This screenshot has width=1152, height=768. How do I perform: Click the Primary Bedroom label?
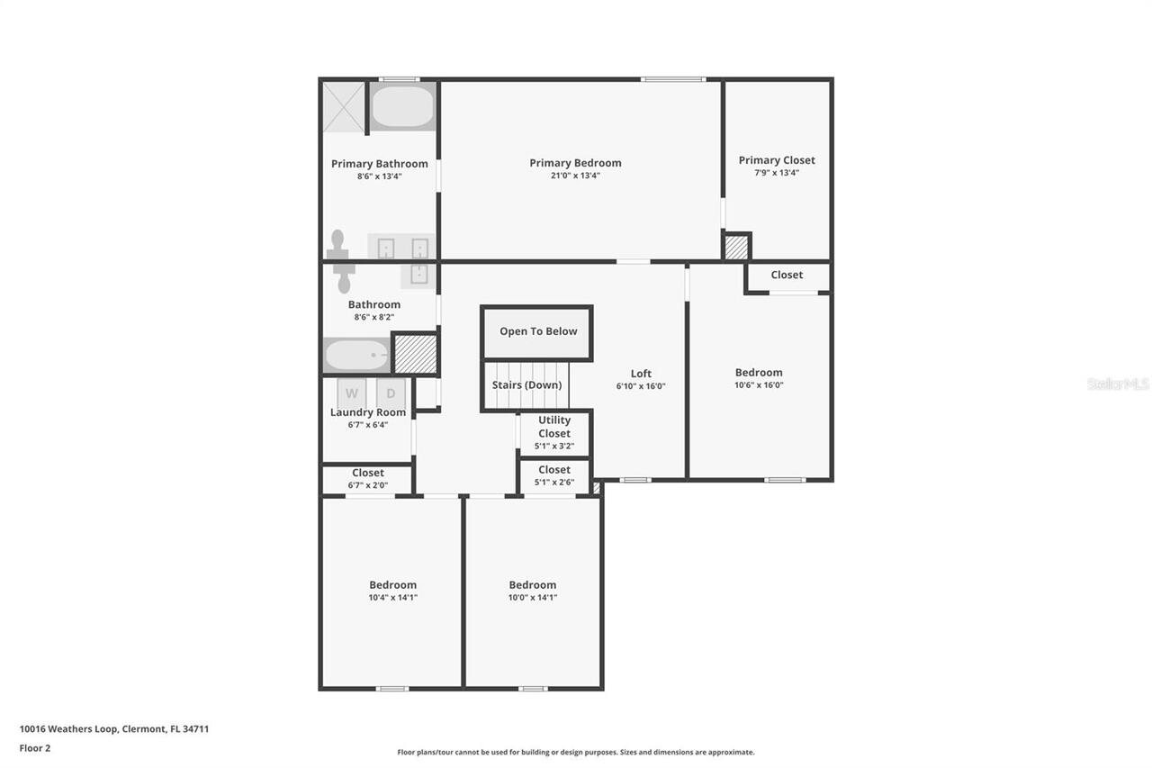click(575, 163)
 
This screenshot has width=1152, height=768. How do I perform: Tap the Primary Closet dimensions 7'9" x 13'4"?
click(777, 173)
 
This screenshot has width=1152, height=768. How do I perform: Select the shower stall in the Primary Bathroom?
click(344, 107)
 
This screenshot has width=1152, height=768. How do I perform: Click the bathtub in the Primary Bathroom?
click(402, 106)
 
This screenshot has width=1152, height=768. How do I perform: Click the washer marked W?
click(352, 393)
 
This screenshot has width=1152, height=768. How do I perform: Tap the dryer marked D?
click(391, 393)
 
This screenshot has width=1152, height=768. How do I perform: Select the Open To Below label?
click(538, 331)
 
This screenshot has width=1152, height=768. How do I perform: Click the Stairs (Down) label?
click(526, 385)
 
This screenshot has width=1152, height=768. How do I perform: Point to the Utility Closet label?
click(554, 427)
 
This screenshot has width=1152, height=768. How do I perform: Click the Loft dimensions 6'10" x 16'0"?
click(641, 386)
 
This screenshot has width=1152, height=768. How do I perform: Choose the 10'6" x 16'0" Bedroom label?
click(759, 373)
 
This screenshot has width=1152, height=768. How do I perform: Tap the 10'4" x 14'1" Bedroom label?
click(392, 585)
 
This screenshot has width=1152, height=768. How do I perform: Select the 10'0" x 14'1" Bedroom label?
click(533, 585)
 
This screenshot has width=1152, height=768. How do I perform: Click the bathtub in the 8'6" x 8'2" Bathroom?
click(356, 355)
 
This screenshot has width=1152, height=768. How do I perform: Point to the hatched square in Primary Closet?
click(736, 247)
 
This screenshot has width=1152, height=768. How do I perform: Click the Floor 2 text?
click(35, 747)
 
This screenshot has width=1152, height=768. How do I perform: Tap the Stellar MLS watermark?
click(1118, 384)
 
